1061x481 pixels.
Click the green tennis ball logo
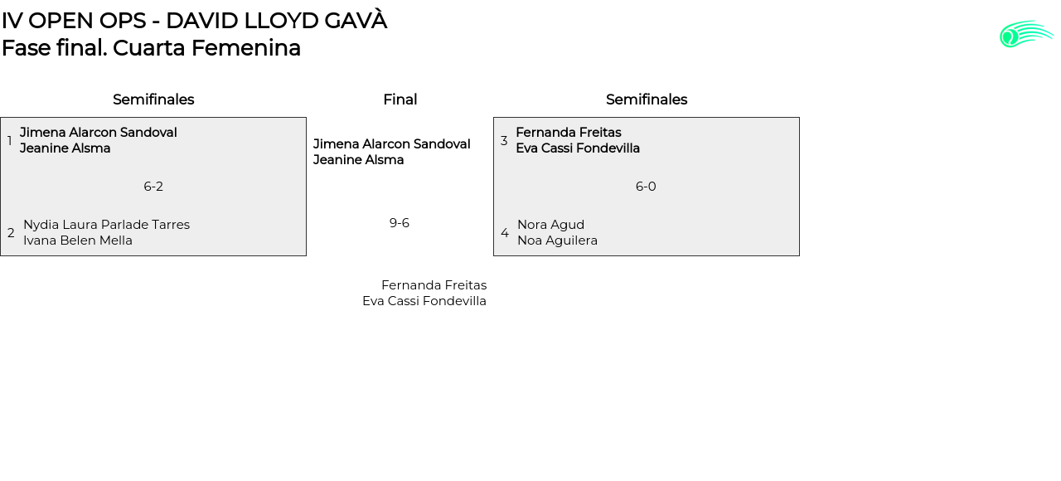(x=1025, y=34)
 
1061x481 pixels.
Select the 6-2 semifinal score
(x=153, y=187)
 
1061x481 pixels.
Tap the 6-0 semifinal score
(x=646, y=187)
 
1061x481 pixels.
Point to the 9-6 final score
(x=400, y=223)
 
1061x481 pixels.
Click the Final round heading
(x=400, y=100)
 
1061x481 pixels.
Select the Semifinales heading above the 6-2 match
(x=153, y=100)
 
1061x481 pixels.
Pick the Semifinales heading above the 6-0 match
(x=647, y=100)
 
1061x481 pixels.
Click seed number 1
(x=9, y=141)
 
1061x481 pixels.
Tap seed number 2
(x=11, y=233)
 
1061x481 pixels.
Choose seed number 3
(x=504, y=141)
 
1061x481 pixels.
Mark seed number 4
(x=505, y=233)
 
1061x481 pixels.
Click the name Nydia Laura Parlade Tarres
(x=106, y=225)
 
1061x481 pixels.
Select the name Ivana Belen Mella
(x=78, y=240)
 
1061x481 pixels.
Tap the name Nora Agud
(x=550, y=225)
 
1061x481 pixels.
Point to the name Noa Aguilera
(x=557, y=240)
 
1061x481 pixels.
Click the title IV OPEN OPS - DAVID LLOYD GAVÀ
(x=194, y=21)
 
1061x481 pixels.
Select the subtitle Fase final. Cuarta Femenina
(x=151, y=48)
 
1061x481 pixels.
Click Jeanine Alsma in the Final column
(x=358, y=160)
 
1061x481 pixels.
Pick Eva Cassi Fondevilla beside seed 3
(x=578, y=148)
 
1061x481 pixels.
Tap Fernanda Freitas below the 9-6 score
(x=434, y=285)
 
